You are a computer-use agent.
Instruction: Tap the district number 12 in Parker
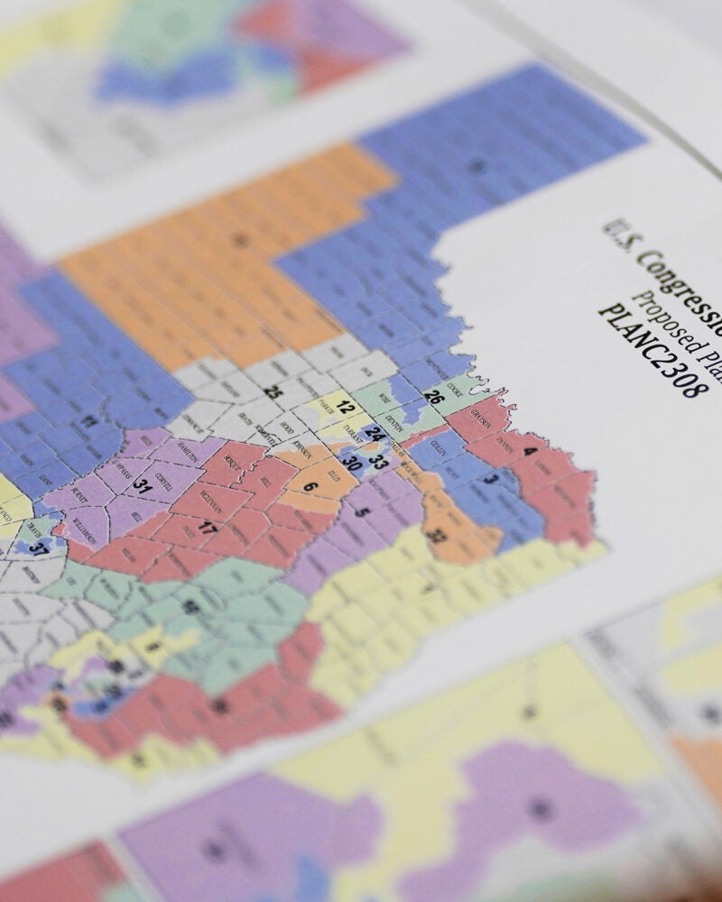point(345,407)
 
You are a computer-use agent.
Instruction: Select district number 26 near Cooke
point(433,396)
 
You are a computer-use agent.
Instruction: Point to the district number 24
point(375,434)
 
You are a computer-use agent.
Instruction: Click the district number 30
point(352,465)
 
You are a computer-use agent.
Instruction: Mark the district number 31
point(141,484)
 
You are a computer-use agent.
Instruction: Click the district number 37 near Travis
point(38,548)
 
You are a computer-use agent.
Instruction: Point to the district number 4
point(530,451)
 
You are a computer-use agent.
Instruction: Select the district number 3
point(488,479)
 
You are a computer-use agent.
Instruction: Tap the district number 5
point(363,512)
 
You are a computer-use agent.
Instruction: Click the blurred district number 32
point(437,536)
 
